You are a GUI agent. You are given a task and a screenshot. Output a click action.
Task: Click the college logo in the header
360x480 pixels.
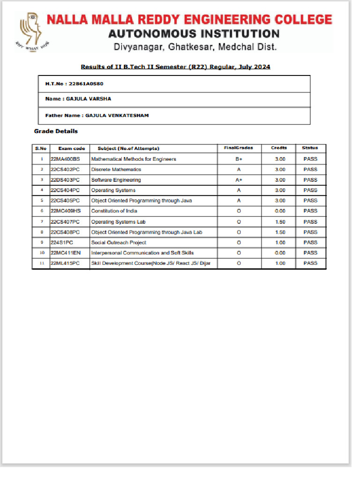point(31,31)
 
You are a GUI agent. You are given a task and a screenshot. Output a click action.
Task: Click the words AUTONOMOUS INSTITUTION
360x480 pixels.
point(194,34)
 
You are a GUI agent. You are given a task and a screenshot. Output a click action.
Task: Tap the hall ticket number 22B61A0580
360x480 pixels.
point(86,83)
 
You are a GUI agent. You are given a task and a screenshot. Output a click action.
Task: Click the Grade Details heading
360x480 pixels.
point(56,131)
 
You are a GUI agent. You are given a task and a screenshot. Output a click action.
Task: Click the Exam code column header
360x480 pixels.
point(71,148)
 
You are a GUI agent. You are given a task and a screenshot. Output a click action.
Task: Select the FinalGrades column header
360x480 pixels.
point(238,148)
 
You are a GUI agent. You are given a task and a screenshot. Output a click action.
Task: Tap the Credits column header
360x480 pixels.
point(279,148)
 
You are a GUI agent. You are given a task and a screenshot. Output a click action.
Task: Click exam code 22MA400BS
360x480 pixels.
point(65,159)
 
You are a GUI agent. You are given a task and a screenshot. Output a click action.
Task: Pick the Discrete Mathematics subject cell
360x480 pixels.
point(116,170)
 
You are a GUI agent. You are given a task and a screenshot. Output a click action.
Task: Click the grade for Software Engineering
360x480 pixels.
point(239,180)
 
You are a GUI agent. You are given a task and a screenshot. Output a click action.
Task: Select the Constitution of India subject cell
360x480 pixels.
point(114,211)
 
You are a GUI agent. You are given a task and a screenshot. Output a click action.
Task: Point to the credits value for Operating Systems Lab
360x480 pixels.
point(280,222)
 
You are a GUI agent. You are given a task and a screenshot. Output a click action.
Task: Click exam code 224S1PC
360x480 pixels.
point(62,242)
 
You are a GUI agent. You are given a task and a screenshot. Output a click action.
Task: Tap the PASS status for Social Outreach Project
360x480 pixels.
point(310,242)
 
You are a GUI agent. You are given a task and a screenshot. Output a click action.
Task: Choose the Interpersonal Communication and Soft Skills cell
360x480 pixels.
point(142,253)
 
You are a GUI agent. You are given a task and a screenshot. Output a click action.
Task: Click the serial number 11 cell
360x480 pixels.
point(41,263)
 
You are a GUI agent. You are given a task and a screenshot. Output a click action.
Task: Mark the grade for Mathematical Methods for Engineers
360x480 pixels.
point(239,159)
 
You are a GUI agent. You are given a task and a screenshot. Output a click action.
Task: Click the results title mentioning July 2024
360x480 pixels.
point(175,67)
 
